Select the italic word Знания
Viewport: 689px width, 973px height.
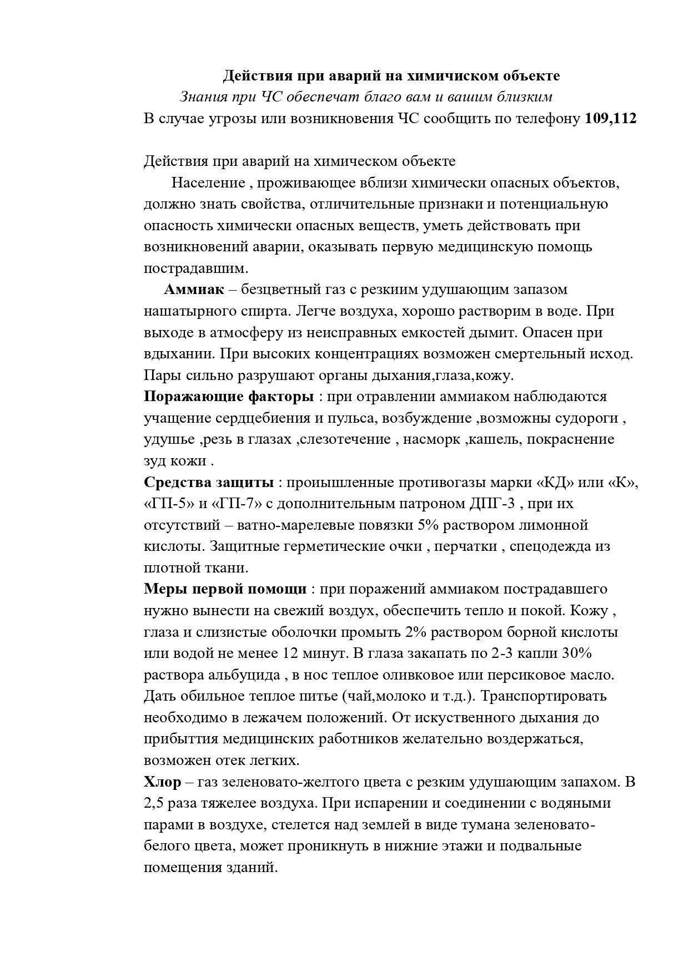point(204,97)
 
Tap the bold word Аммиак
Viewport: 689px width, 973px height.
point(194,290)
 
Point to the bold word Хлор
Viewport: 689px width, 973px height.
point(162,782)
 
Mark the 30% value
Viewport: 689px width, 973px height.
point(577,653)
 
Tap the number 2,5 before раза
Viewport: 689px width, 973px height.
point(154,803)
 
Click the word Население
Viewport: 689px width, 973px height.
point(208,183)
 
